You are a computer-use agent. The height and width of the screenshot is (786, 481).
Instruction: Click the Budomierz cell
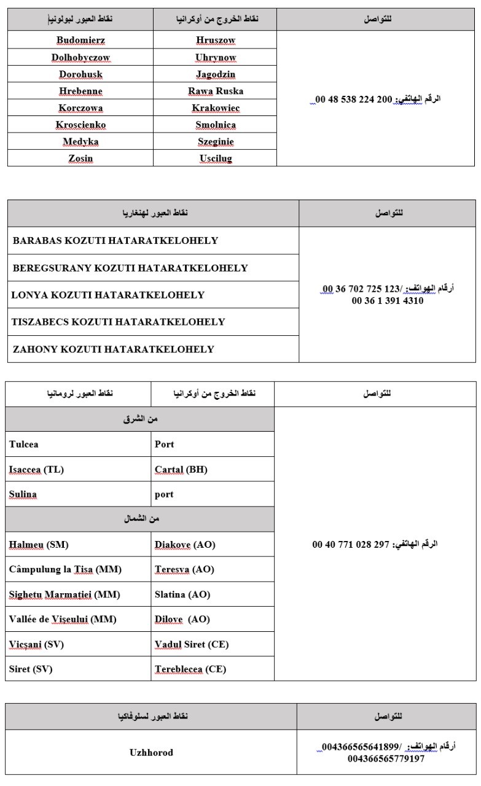pos(80,41)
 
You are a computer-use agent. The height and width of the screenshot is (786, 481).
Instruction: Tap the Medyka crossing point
pos(80,141)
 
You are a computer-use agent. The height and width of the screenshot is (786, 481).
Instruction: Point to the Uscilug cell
pos(216,158)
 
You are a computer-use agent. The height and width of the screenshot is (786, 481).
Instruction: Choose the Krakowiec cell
pos(216,108)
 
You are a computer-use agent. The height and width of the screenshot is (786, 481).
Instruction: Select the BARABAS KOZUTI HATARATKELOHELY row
pos(115,241)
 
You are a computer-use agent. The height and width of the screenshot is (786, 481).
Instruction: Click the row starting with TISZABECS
pos(118,322)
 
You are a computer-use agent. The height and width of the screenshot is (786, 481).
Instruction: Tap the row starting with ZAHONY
pos(114,349)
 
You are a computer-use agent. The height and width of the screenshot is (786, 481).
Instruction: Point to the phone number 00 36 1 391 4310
pos(388,301)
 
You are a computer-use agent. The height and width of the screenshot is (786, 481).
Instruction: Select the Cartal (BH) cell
pos(181,470)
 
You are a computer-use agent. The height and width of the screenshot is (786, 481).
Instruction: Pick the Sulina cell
pos(23,494)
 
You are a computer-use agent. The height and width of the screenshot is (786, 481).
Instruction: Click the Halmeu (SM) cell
pos(34,545)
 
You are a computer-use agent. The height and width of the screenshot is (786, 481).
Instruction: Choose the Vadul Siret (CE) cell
pos(192,645)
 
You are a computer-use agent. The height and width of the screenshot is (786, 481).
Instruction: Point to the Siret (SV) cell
pos(31,669)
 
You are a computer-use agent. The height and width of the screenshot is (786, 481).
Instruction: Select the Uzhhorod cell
pos(152,752)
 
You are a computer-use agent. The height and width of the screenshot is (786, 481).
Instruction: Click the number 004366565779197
pos(386,758)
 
